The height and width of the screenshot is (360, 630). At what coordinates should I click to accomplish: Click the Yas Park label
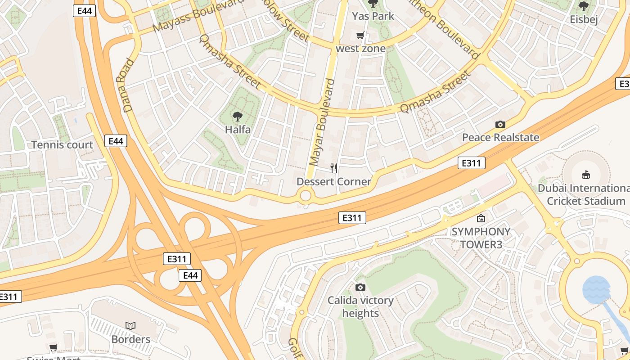click(x=373, y=16)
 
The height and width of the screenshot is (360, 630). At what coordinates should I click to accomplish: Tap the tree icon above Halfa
click(x=238, y=117)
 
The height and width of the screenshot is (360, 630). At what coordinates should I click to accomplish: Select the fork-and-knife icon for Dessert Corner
click(x=334, y=168)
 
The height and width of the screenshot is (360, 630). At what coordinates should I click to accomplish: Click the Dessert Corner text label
click(x=333, y=181)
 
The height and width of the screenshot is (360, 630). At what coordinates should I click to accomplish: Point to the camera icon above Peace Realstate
click(x=500, y=124)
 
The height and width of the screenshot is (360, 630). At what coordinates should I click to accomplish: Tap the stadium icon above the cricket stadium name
click(x=585, y=175)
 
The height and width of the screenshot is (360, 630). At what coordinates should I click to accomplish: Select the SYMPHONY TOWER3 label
click(x=481, y=238)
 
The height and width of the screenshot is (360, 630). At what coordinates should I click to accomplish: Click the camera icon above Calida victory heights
click(x=360, y=287)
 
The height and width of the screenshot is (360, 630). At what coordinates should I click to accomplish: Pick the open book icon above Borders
click(x=130, y=326)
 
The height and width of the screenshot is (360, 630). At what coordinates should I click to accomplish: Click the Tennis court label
click(x=62, y=145)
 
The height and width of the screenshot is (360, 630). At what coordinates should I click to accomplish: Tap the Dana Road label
click(x=128, y=85)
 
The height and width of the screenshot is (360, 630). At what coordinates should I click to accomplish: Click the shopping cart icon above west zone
click(x=360, y=36)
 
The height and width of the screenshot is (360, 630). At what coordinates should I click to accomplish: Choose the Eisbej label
click(x=583, y=20)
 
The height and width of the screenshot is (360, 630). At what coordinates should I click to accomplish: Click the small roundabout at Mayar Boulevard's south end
click(x=306, y=196)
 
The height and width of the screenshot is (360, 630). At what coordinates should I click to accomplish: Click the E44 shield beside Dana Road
click(x=116, y=141)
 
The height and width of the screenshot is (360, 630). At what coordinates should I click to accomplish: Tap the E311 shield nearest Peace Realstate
click(x=471, y=163)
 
